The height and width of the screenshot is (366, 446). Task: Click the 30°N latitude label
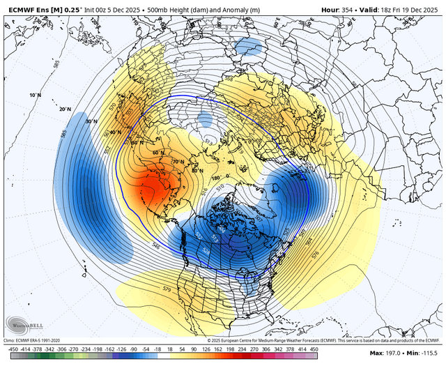pyautogui.click(x=89, y=121)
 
